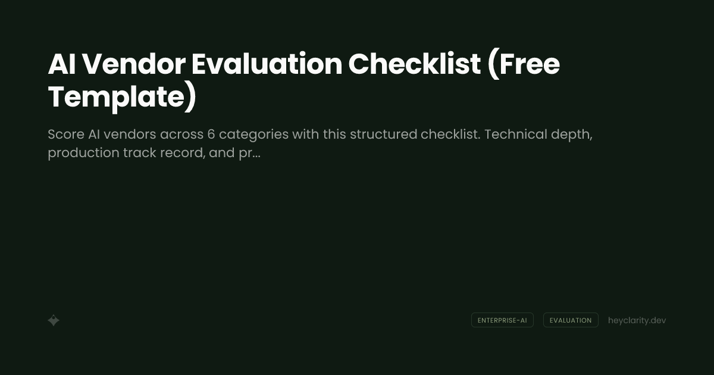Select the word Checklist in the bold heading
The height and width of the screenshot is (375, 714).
(x=414, y=64)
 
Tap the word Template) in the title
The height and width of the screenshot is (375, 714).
(x=122, y=97)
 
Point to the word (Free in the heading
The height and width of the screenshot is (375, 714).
(x=524, y=64)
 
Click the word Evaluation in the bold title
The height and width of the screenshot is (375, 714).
(x=267, y=64)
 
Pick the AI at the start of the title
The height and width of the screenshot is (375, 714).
(x=62, y=64)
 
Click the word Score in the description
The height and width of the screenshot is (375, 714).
(x=65, y=135)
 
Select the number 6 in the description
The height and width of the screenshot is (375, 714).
(x=211, y=135)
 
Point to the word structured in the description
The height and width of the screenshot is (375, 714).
(x=383, y=135)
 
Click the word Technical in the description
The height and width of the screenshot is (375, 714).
(x=515, y=135)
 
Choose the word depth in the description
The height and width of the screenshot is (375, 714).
(x=572, y=135)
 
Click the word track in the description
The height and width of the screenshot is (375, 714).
(x=139, y=153)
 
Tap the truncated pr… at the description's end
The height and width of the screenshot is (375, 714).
(x=249, y=154)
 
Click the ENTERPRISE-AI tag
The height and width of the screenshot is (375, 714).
(x=502, y=320)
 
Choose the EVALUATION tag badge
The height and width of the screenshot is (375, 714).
(x=571, y=320)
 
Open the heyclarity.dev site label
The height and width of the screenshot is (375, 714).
(x=637, y=320)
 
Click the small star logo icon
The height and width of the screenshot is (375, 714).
(x=54, y=320)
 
